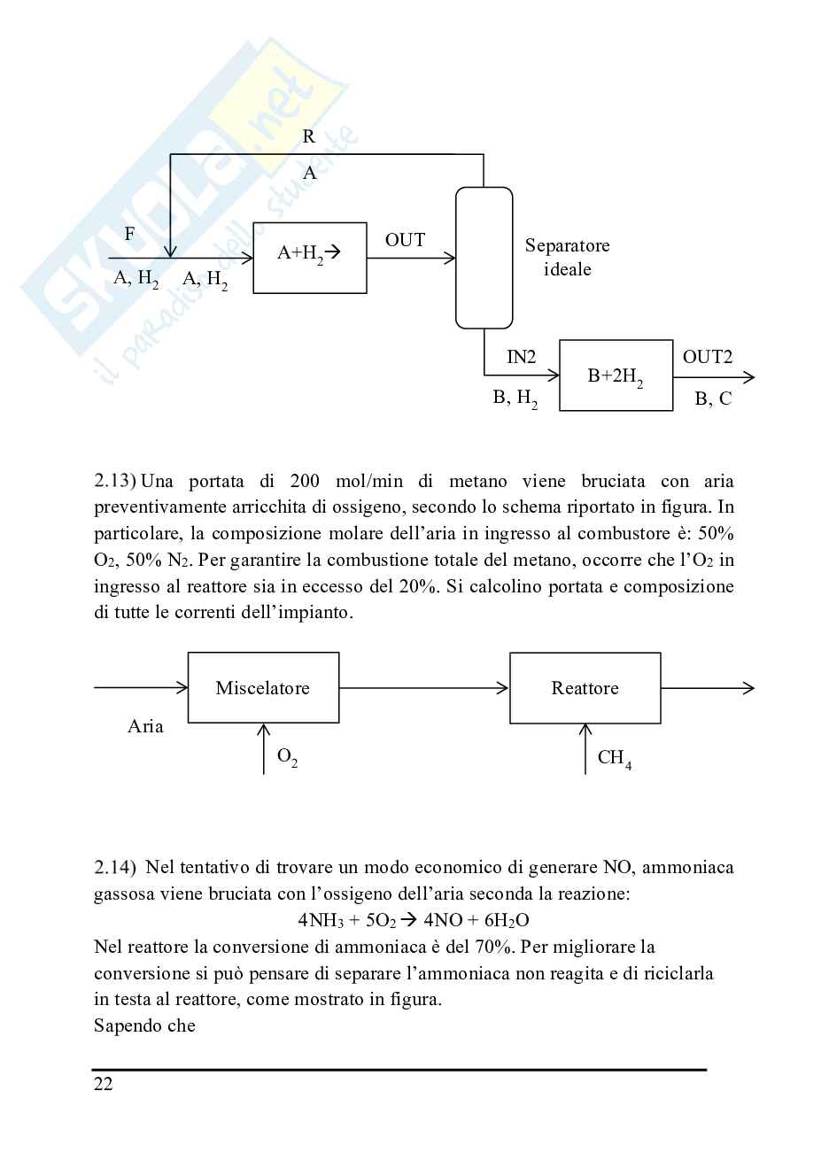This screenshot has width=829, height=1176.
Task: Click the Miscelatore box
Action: tap(263, 688)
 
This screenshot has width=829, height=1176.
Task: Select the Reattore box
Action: tap(585, 688)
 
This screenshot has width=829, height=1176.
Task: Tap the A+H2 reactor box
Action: tap(310, 258)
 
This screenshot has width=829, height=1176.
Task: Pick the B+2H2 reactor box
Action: tap(616, 375)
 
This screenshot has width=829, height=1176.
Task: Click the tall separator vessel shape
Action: tap(484, 258)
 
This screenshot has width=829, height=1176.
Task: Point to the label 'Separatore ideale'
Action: tap(567, 258)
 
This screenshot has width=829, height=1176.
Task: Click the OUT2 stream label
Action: tap(707, 357)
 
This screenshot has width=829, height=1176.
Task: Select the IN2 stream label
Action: tap(521, 357)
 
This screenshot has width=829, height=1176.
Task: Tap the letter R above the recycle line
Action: tap(309, 136)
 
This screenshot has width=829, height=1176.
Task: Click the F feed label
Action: tap(130, 234)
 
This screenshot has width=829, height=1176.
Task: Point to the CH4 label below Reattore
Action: tap(614, 758)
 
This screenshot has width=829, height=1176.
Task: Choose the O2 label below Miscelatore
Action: tap(287, 757)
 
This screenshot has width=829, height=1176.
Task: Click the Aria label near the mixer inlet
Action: tap(145, 726)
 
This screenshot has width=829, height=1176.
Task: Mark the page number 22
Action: tap(104, 1084)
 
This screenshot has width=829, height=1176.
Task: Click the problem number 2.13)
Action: tap(114, 482)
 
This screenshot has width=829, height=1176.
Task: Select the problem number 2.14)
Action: tap(114, 867)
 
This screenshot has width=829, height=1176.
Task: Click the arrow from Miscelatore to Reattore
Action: tap(423, 688)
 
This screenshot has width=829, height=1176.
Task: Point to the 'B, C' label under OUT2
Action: tap(713, 398)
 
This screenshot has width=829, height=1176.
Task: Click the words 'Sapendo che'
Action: tap(144, 1025)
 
